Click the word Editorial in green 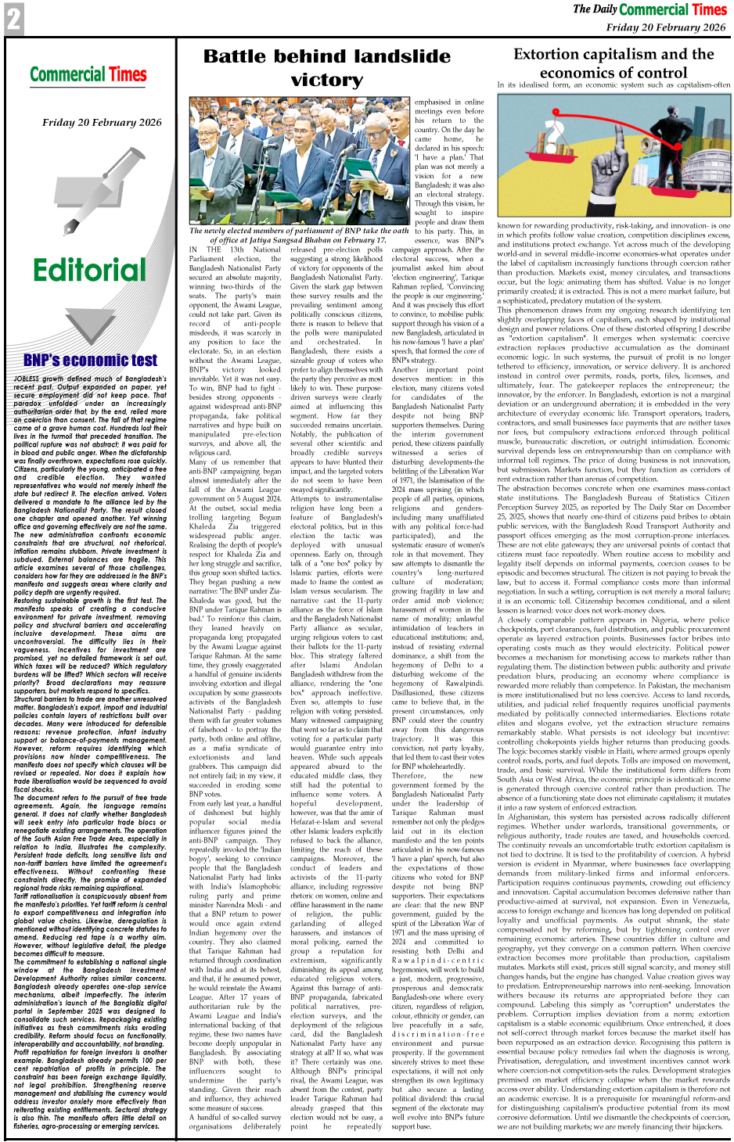(89, 271)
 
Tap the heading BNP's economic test (90, 360)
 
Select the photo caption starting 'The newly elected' (299, 235)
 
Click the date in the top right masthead (665, 27)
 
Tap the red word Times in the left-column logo (128, 75)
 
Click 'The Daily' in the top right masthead (593, 9)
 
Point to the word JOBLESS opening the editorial (26, 379)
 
